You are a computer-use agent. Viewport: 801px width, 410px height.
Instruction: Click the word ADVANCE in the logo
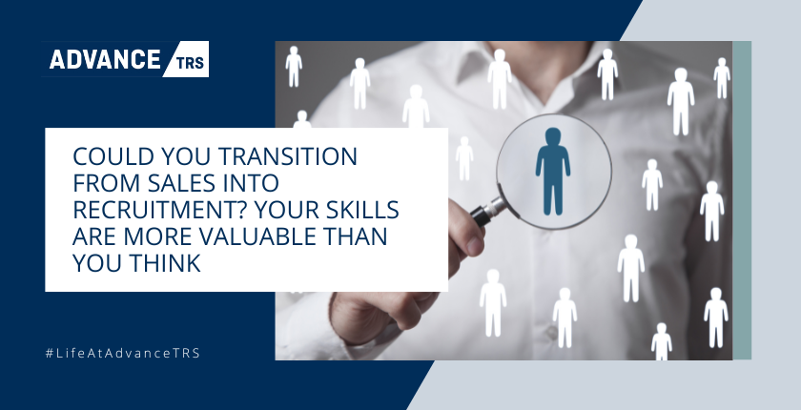(x=105, y=59)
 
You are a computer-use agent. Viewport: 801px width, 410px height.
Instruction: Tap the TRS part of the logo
(x=190, y=63)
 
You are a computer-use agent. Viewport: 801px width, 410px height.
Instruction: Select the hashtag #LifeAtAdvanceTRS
(x=123, y=353)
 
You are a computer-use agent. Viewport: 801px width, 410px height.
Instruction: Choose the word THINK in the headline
(x=165, y=263)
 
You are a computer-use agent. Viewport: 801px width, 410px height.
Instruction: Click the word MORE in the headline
(x=158, y=236)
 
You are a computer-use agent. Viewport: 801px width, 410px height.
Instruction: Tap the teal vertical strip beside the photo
(x=742, y=200)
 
